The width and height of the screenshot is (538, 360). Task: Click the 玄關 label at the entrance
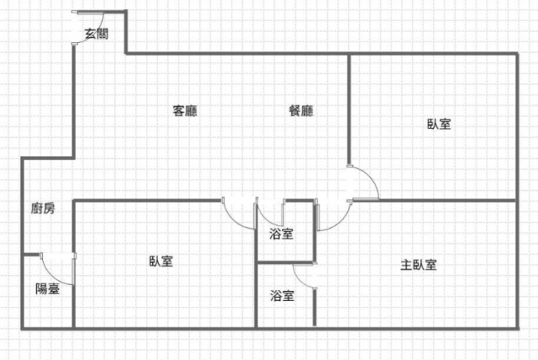pyautogui.click(x=96, y=34)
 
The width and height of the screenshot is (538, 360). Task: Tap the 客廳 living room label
pyautogui.click(x=185, y=110)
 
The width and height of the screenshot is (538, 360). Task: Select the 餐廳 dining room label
pyautogui.click(x=301, y=110)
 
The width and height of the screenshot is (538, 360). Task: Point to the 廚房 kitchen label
pyautogui.click(x=43, y=209)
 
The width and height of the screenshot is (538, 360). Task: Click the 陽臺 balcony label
pyautogui.click(x=47, y=289)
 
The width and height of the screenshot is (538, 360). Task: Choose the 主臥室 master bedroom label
pyautogui.click(x=418, y=265)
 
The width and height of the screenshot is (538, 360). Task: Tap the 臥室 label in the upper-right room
pyautogui.click(x=439, y=124)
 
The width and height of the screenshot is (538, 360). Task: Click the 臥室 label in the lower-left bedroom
pyautogui.click(x=161, y=262)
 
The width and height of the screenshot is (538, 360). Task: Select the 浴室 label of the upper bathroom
pyautogui.click(x=282, y=234)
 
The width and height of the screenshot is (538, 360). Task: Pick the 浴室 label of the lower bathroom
pyautogui.click(x=282, y=295)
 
